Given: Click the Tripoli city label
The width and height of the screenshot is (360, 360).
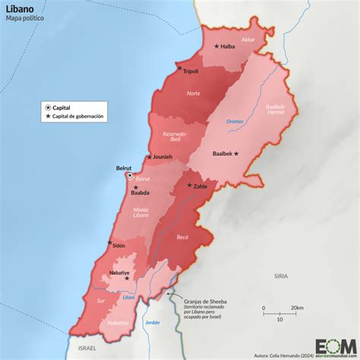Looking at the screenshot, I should coord(191,71).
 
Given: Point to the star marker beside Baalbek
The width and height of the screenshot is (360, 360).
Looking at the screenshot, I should coord(236,153).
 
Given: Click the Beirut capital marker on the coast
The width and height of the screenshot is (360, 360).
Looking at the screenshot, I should coord(129,175).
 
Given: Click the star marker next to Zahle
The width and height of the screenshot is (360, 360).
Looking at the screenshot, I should coord(188,185).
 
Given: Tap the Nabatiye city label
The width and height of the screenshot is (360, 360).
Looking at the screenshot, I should coord(116,272).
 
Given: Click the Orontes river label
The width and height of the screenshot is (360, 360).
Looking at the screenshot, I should coord(235,121).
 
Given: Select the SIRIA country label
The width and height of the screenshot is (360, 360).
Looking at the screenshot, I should coord(282,277).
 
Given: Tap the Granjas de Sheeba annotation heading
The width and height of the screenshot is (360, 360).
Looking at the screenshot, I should coord(204,301).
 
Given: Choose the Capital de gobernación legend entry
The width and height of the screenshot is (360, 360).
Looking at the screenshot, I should coord(78,116).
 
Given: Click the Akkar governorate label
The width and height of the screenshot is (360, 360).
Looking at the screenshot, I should coord(248,39).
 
